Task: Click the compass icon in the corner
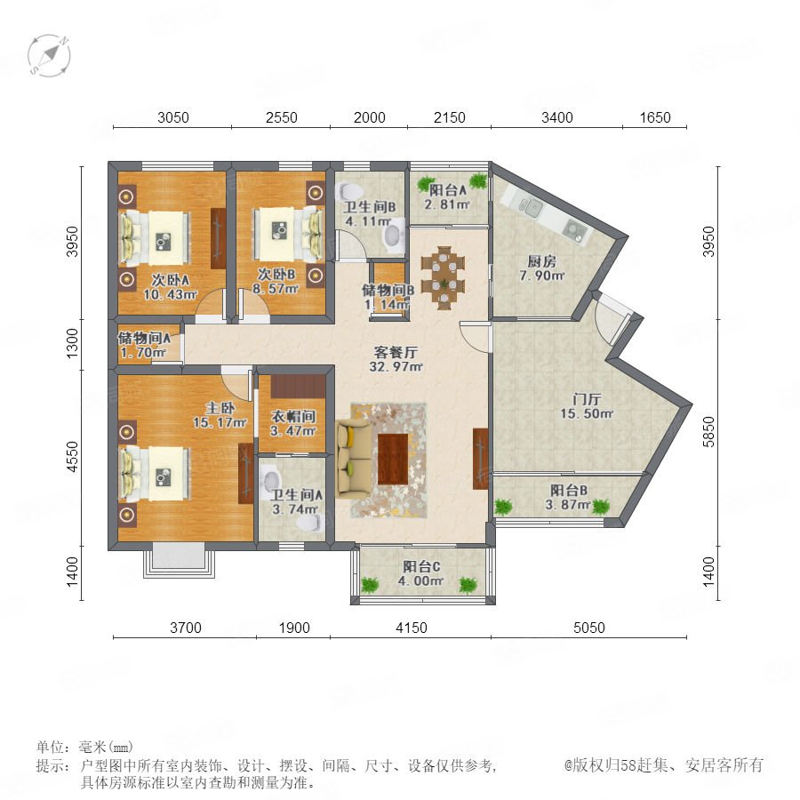pos(49,55)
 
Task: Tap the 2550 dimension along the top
pos(281,118)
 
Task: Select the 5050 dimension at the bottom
pos(588,628)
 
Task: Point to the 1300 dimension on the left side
pos(73,343)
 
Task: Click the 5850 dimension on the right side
pos(708,432)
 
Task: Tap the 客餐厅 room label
pos(396,352)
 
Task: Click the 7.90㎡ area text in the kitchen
pos(542,276)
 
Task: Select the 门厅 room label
pos(587,399)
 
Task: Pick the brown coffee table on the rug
pos(393,459)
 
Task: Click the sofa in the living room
pos(354,460)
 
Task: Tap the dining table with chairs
pos(444,278)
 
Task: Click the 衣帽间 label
pos(292,416)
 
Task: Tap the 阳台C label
pos(421,566)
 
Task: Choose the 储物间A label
pos(144,338)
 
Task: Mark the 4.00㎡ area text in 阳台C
pos(421,580)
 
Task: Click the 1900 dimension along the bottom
pos(294,628)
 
